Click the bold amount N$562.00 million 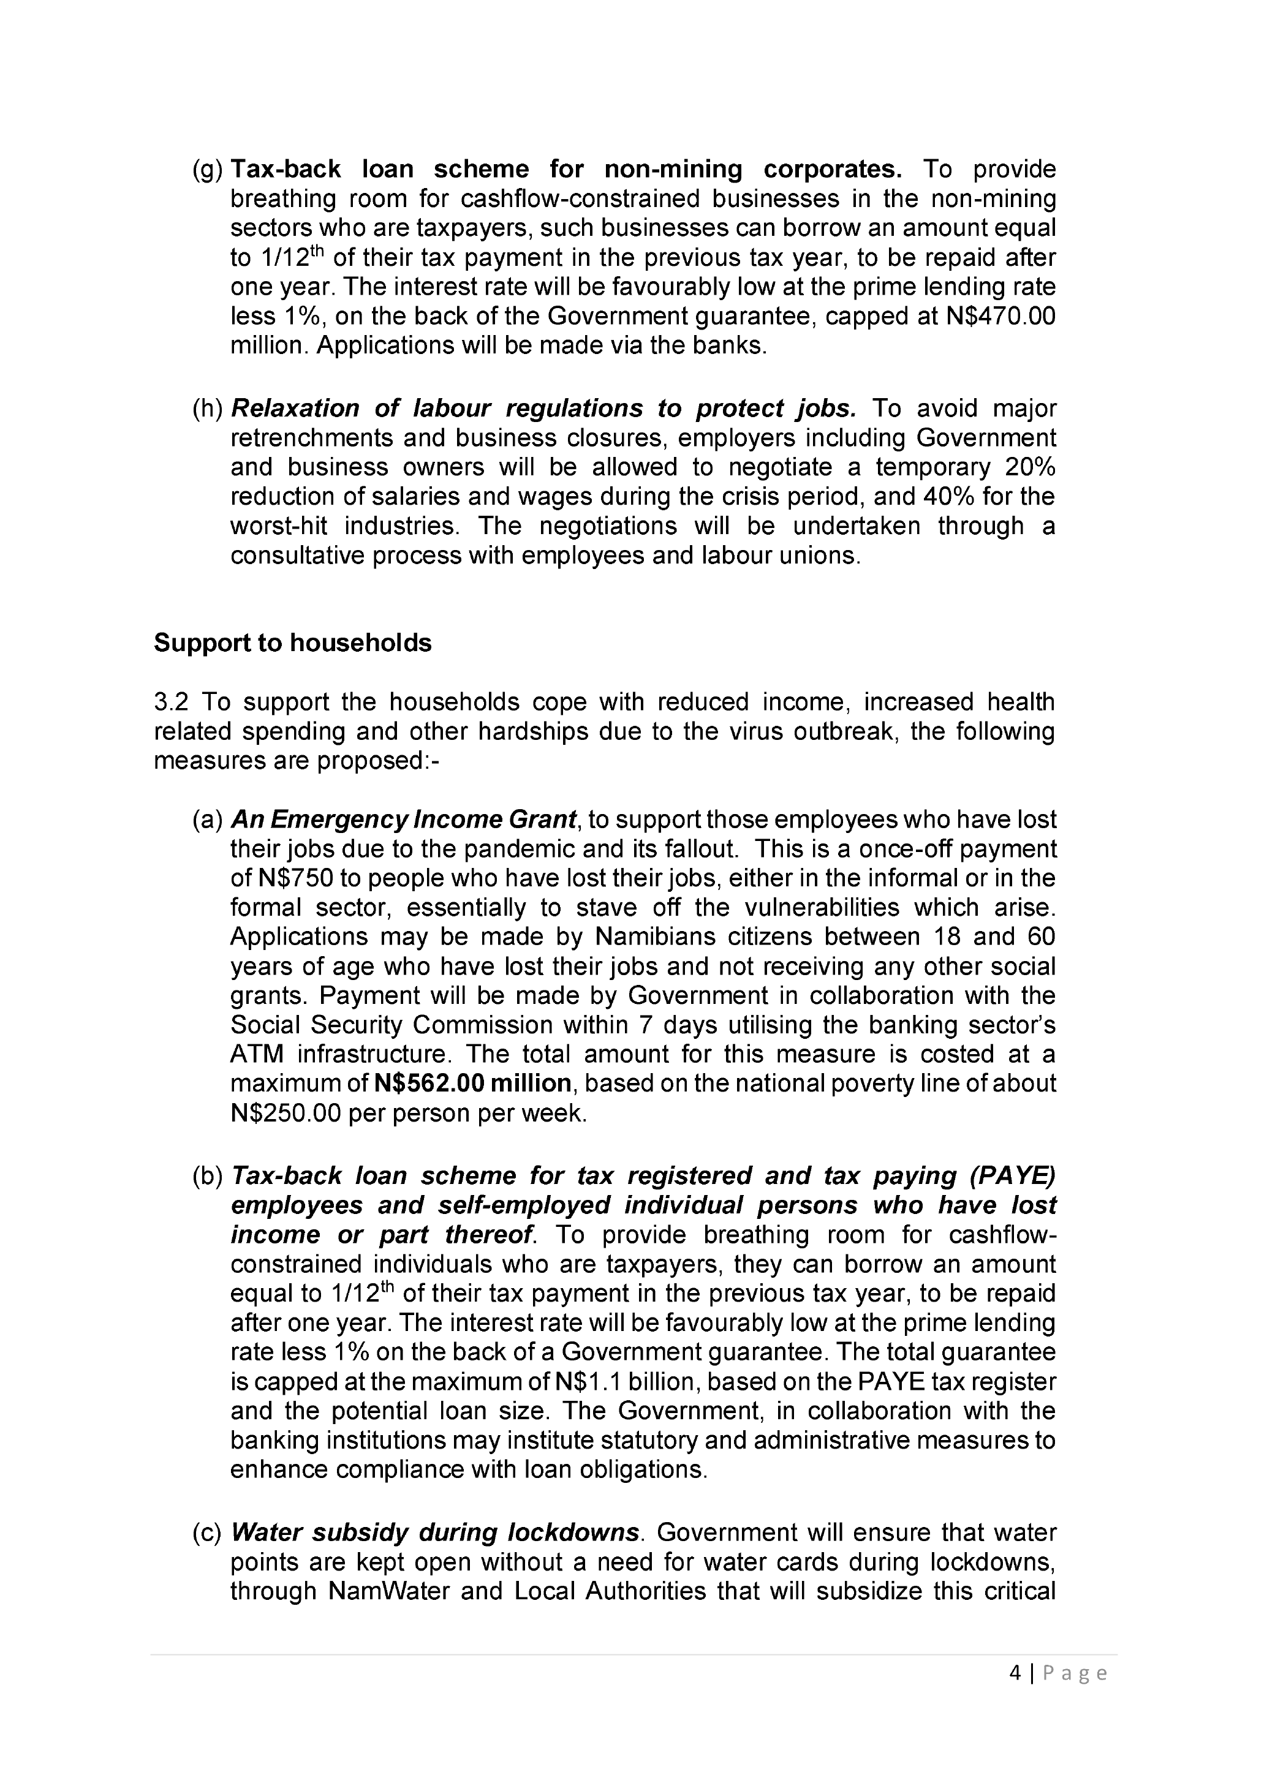click(473, 1084)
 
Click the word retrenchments click(311, 437)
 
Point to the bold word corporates click(833, 169)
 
